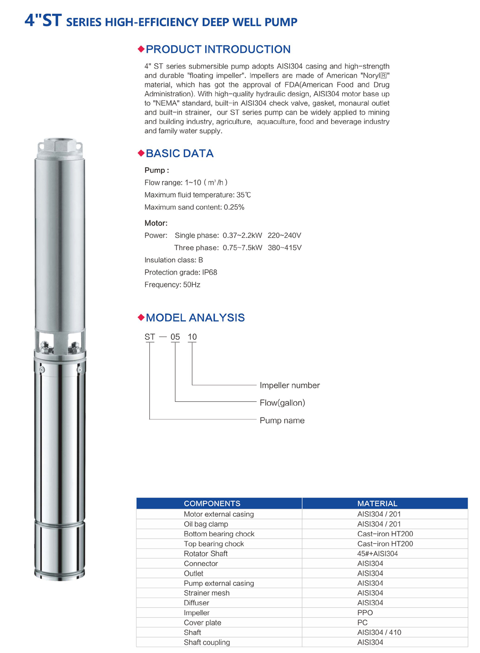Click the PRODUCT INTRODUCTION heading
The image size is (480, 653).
point(218,50)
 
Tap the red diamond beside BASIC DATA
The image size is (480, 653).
point(141,153)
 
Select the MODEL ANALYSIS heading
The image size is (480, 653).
point(195,318)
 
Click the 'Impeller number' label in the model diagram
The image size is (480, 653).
point(289,386)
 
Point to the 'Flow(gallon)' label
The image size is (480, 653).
point(282,403)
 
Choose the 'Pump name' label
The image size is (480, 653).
point(282,421)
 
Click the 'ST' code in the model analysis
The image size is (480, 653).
point(150,337)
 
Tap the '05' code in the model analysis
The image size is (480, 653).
point(175,337)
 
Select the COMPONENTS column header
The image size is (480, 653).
point(212,504)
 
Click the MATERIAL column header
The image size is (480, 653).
point(377,504)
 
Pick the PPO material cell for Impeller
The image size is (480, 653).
point(365,613)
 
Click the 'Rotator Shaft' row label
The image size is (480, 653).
point(206,554)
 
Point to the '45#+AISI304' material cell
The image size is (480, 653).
point(377,554)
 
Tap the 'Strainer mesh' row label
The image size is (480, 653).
point(207,593)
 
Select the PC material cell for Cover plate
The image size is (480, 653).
point(363,623)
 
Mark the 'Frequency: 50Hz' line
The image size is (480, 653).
point(172,285)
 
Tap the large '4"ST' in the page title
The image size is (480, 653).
point(43,20)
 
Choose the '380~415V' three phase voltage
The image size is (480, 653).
point(284,248)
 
